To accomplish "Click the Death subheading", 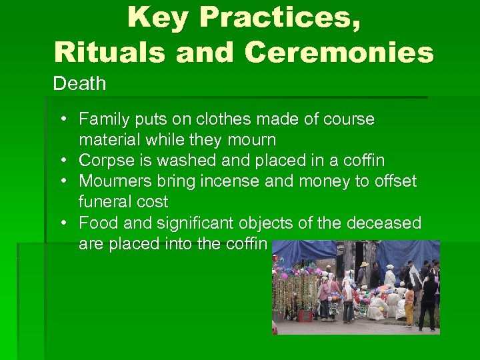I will click(79, 84).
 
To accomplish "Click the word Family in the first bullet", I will click(101, 120).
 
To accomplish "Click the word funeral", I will click(102, 202).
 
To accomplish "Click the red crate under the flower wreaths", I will click(306, 315).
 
